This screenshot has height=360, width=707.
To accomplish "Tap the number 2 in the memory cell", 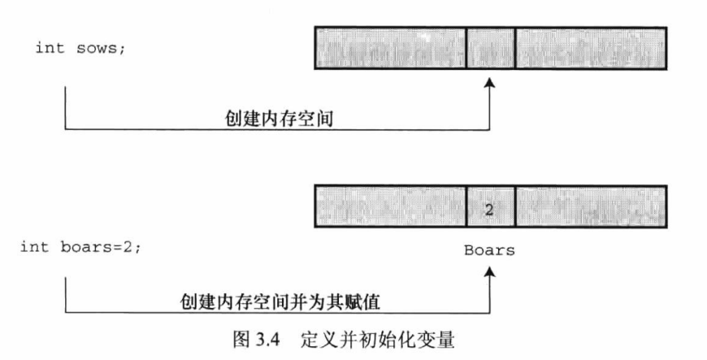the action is [x=489, y=210].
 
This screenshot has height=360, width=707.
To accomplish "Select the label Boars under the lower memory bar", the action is [x=489, y=250].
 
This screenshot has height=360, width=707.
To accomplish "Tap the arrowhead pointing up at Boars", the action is [x=489, y=273].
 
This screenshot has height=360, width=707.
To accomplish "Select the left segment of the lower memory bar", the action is [x=389, y=210].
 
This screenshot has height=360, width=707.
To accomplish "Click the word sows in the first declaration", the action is [x=102, y=48].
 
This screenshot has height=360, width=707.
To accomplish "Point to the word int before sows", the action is [x=46, y=48].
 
